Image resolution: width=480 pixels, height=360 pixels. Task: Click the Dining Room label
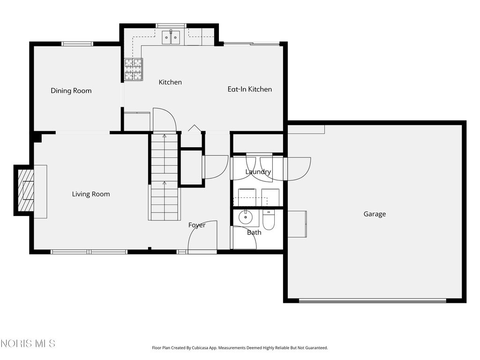click(x=71, y=90)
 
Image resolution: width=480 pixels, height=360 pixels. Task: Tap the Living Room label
click(x=91, y=194)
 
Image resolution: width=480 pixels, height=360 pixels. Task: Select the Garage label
click(x=375, y=214)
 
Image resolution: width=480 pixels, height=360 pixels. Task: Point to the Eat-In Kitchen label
click(x=250, y=89)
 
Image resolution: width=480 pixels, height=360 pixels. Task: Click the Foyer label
click(x=197, y=225)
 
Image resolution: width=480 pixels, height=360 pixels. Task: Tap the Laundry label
click(x=258, y=172)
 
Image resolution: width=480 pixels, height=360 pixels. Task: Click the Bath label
click(x=254, y=232)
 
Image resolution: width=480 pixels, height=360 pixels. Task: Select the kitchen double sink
click(x=171, y=37)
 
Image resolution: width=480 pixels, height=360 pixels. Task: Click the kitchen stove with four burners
click(x=134, y=69)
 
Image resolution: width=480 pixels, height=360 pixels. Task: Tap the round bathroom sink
click(x=245, y=217)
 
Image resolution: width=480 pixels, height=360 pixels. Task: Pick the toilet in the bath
click(x=269, y=220)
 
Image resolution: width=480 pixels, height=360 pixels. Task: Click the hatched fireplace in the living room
click(x=26, y=190)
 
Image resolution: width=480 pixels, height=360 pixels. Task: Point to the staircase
click(x=165, y=177)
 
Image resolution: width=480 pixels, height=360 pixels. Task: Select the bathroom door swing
click(x=244, y=238)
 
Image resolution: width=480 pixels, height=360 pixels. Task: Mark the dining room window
click(x=77, y=44)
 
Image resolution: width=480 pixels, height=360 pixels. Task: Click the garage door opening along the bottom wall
click(x=373, y=300)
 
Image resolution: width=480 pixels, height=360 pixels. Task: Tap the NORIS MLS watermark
click(x=28, y=344)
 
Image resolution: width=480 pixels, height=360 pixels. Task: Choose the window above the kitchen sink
click(x=171, y=26)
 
